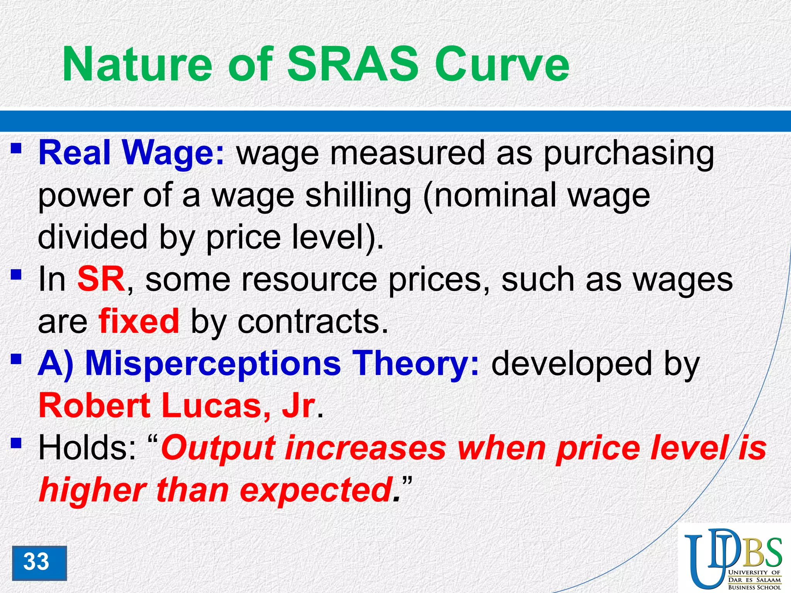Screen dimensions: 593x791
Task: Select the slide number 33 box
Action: coord(39,563)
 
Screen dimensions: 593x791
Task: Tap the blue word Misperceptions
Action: coord(213,364)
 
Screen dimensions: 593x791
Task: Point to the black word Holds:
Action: coord(87,448)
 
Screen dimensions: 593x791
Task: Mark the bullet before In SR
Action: coord(16,275)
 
